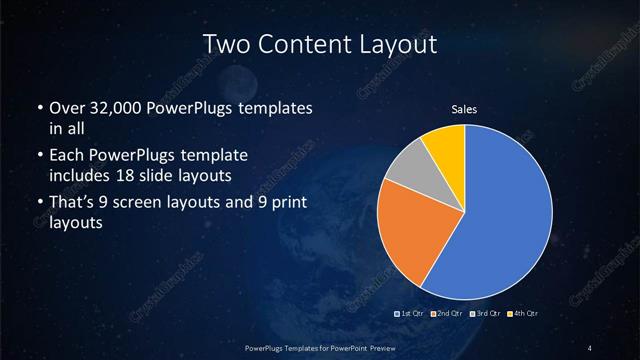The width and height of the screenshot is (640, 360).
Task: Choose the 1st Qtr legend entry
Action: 412,314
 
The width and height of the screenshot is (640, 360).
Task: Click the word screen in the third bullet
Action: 158,204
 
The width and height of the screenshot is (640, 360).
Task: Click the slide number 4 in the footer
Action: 591,347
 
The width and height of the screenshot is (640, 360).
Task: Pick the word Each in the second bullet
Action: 68,157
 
